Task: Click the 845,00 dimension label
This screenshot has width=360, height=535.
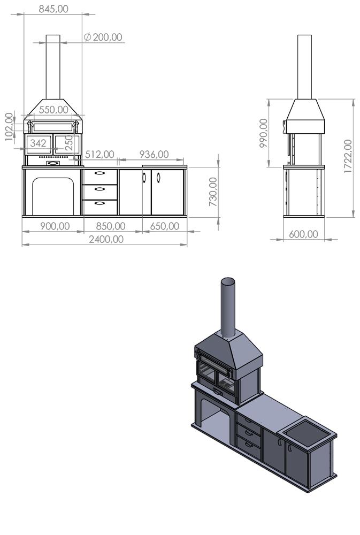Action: click(x=53, y=9)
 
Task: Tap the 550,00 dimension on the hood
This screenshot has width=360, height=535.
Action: click(x=53, y=110)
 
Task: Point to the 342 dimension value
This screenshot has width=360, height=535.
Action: click(x=38, y=143)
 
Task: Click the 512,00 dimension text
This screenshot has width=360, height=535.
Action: click(x=100, y=154)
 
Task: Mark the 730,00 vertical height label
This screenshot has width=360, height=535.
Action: click(x=213, y=192)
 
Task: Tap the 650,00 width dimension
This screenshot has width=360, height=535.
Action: click(x=164, y=226)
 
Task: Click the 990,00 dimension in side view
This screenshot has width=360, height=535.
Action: click(x=263, y=134)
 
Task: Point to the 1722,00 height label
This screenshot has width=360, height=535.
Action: click(x=348, y=156)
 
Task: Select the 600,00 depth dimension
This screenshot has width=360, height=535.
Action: click(x=303, y=234)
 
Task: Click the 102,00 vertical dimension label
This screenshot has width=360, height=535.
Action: click(x=9, y=127)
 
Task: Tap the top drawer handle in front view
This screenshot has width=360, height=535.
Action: click(x=100, y=173)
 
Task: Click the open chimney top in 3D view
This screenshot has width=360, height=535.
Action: click(x=228, y=281)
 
